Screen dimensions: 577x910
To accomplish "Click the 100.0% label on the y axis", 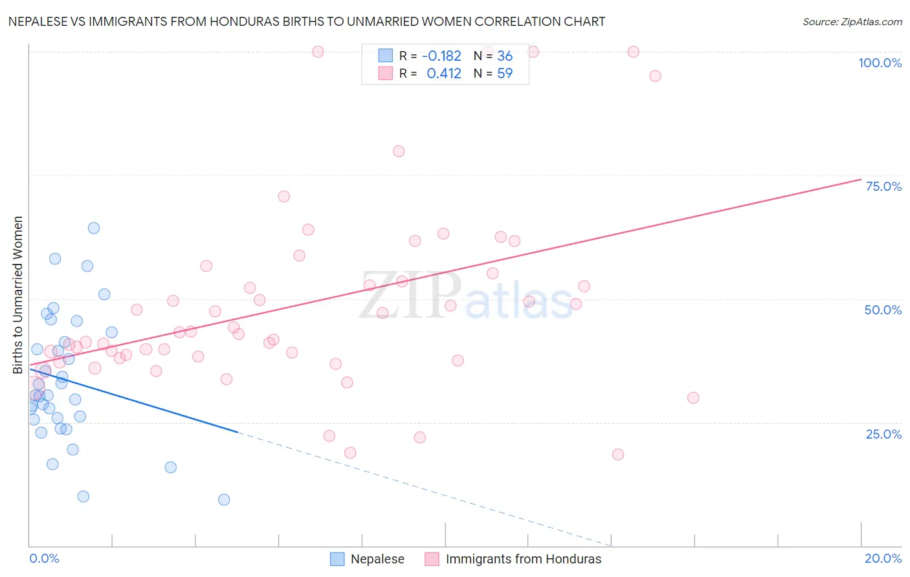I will (x=880, y=63).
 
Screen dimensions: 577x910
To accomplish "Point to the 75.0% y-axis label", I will (x=883, y=186).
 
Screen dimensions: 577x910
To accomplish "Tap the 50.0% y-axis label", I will (x=883, y=310).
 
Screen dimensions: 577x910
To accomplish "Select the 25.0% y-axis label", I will (x=883, y=434).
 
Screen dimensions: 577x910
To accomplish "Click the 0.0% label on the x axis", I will (x=44, y=558).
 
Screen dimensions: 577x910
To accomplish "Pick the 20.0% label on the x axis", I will (x=883, y=558).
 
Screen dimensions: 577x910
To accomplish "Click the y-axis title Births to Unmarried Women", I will (x=18, y=295).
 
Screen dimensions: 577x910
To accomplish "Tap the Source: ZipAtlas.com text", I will (x=852, y=21).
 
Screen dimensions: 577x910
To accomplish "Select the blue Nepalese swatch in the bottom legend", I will (x=337, y=559).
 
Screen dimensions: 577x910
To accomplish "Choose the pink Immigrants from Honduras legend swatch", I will (x=432, y=559).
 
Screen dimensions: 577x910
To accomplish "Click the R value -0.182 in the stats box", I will (x=441, y=56).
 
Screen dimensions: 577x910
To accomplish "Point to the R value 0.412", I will (x=444, y=74).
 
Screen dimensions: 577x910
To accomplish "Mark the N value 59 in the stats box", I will (x=505, y=74).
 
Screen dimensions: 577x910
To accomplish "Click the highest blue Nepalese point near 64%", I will (x=94, y=228).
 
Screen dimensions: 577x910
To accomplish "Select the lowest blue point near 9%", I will (x=224, y=499).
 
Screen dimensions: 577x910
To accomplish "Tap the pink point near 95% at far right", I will (x=655, y=76).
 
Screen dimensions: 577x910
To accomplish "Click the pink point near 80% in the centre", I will (x=399, y=151).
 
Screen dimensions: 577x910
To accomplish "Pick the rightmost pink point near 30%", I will (x=693, y=398).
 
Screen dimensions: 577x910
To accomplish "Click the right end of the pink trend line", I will (x=861, y=179).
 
